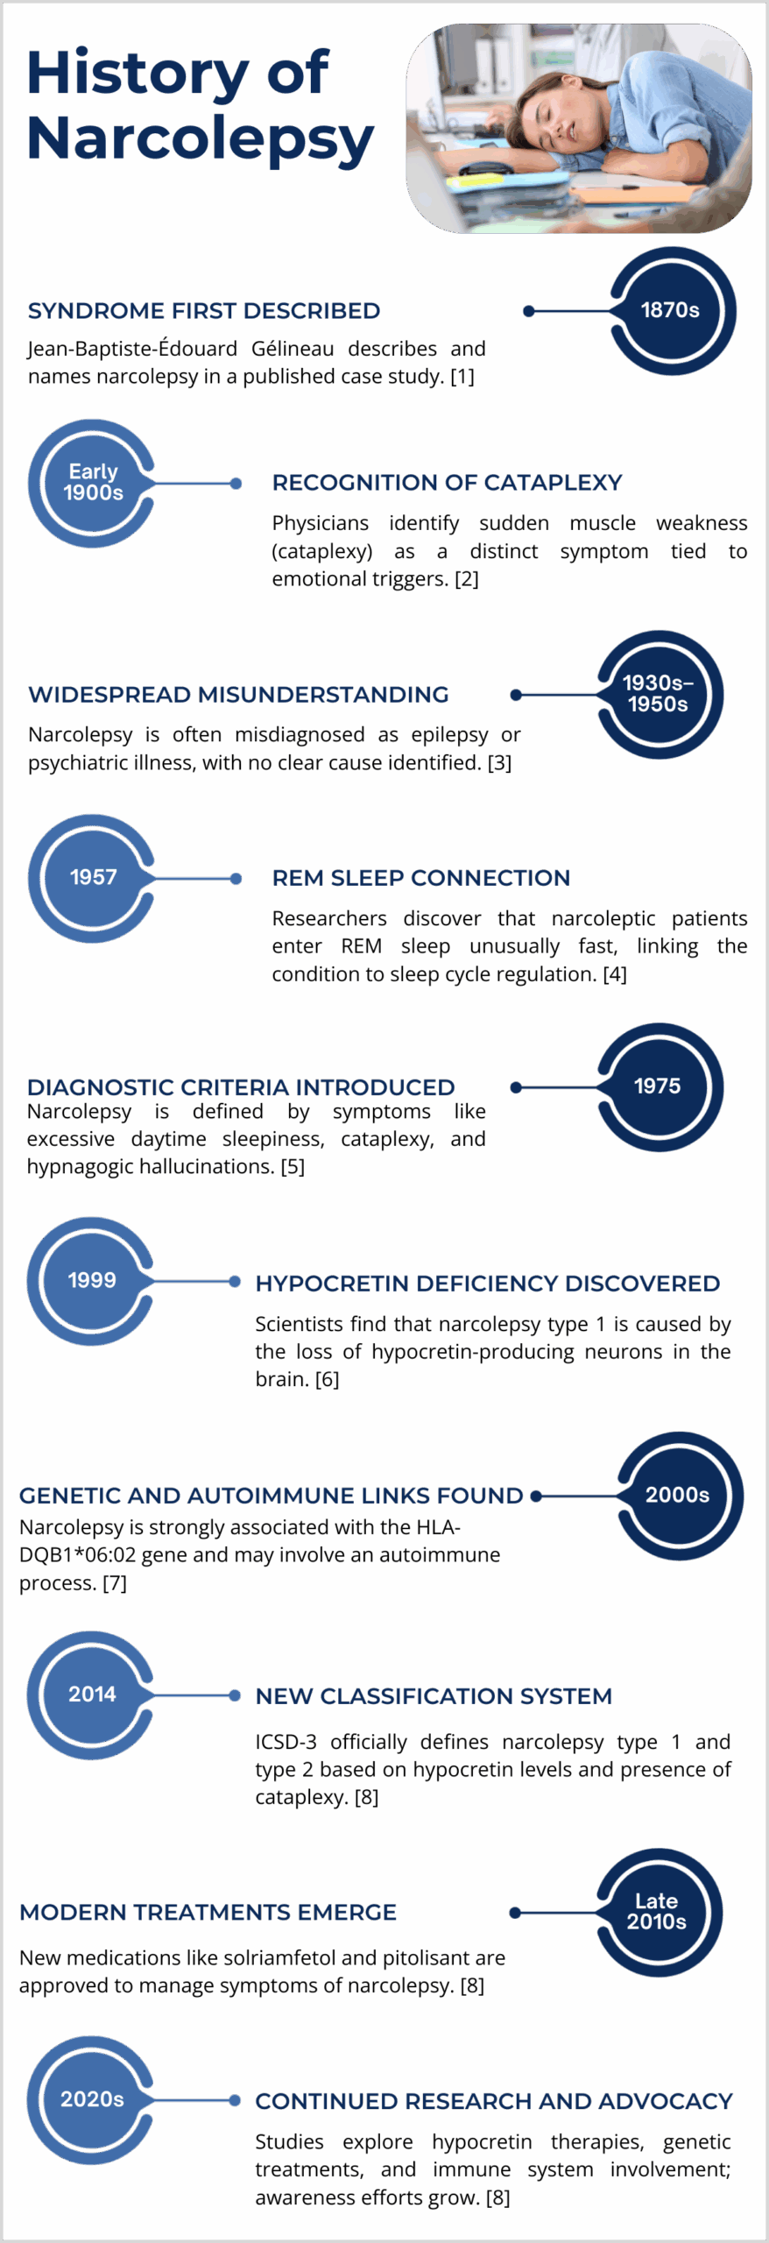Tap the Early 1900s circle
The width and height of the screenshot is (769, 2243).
(92, 483)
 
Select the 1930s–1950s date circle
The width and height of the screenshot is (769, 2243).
(660, 694)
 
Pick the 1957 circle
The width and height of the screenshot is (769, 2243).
(92, 878)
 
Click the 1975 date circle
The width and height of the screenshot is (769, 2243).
(660, 1086)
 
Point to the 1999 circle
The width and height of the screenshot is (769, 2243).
(91, 1281)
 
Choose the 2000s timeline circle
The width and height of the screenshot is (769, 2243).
(680, 1496)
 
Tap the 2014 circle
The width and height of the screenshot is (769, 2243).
(91, 1695)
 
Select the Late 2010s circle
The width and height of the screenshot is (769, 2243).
(659, 1913)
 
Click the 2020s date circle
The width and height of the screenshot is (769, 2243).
(91, 2100)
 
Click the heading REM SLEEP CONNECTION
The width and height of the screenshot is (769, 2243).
(420, 878)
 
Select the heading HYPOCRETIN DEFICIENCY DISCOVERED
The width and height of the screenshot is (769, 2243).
(487, 1284)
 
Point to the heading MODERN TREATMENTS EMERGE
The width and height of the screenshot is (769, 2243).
(208, 1913)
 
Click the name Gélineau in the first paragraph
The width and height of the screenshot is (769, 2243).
(293, 349)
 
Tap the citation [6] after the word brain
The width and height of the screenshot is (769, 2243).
(327, 1379)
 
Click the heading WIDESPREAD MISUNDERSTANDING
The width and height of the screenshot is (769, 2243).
(238, 695)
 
